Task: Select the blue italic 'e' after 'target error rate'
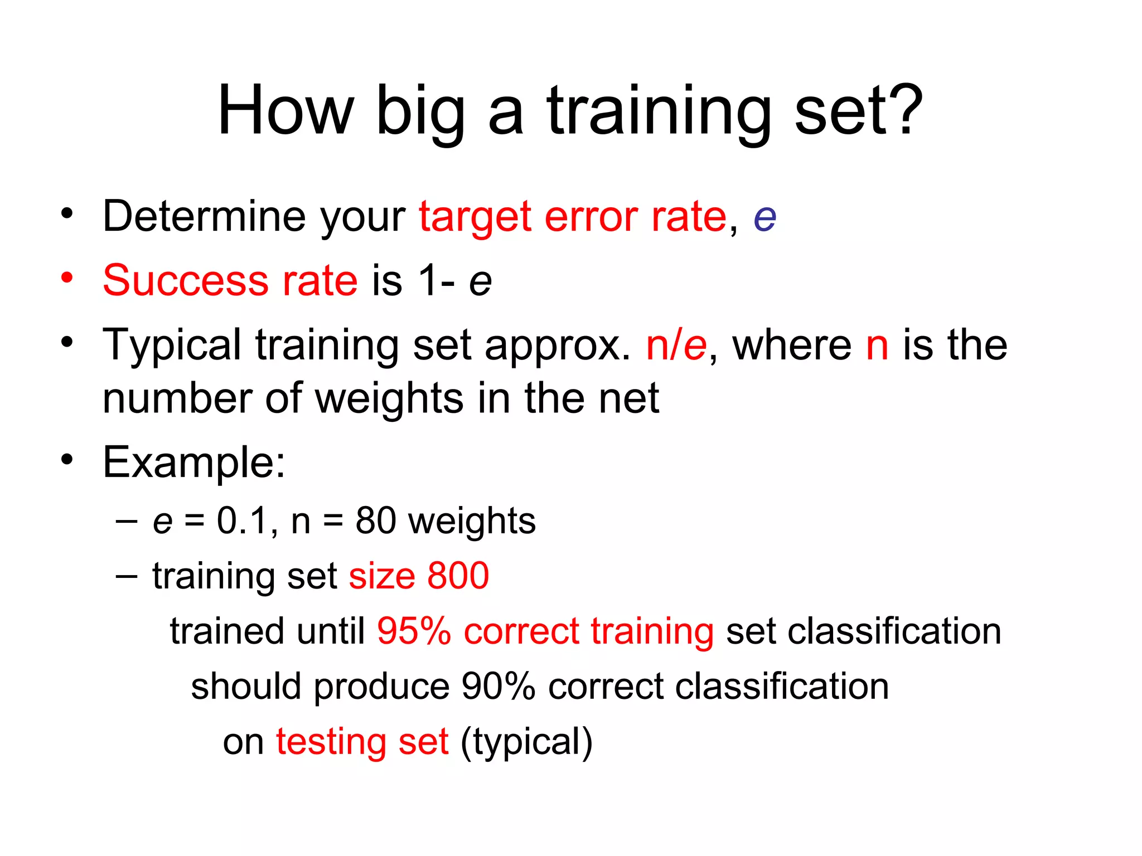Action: point(764,218)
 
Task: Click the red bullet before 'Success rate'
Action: point(67,277)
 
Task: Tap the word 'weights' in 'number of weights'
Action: point(389,400)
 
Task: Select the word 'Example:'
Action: point(194,463)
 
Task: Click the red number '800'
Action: point(458,576)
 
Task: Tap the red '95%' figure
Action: point(414,631)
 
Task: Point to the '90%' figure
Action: point(499,687)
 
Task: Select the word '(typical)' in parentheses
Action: point(526,742)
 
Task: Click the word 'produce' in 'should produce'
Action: point(381,687)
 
